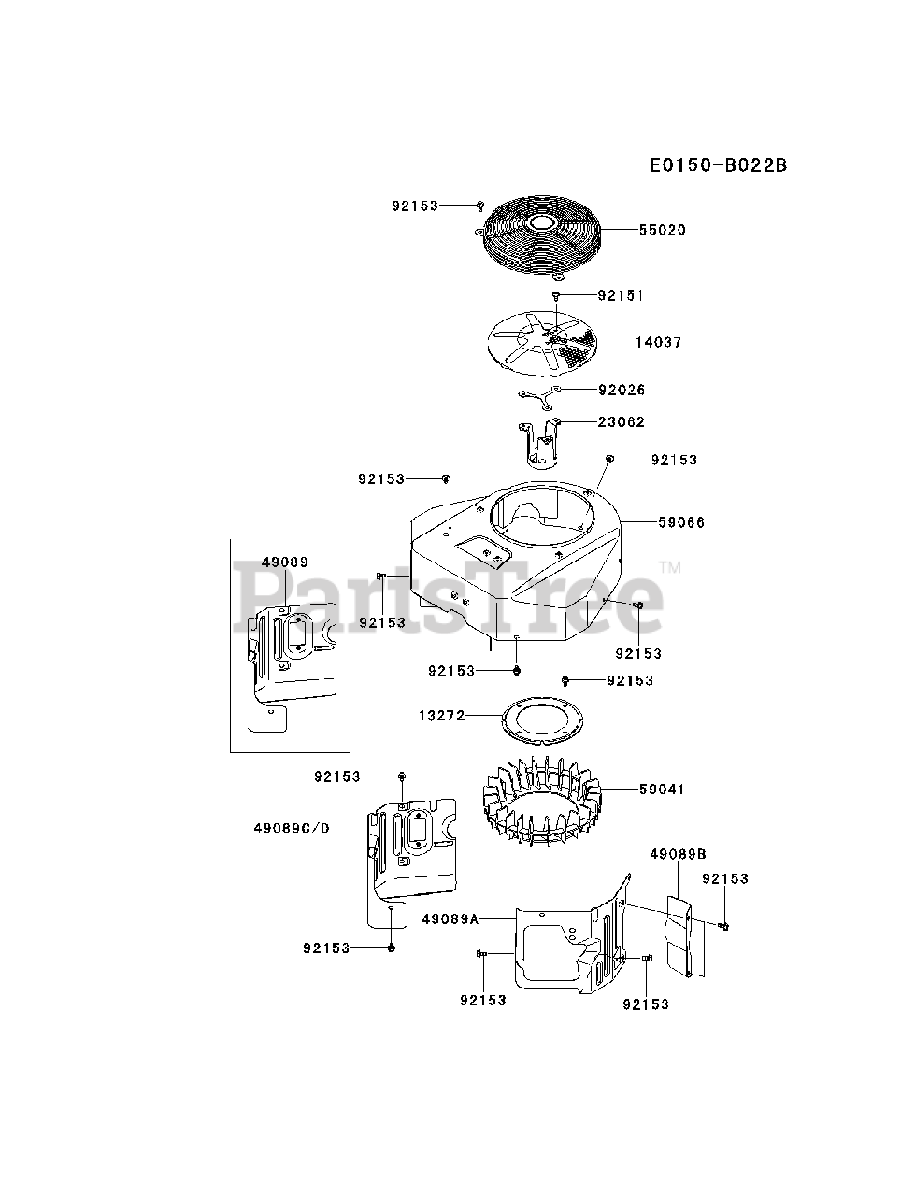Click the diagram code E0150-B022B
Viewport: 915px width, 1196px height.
click(719, 165)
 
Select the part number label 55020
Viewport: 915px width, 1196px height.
click(662, 230)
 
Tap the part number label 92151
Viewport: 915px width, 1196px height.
click(621, 295)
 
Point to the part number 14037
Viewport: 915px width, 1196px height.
click(658, 343)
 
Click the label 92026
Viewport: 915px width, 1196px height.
click(621, 390)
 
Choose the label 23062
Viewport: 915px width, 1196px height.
click(621, 422)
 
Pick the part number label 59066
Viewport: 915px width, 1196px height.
click(681, 522)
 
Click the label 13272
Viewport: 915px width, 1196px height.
click(441, 716)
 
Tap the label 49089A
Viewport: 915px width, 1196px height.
click(450, 919)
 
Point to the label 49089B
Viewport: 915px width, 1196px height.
click(678, 853)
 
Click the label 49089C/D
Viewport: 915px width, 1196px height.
click(292, 828)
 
